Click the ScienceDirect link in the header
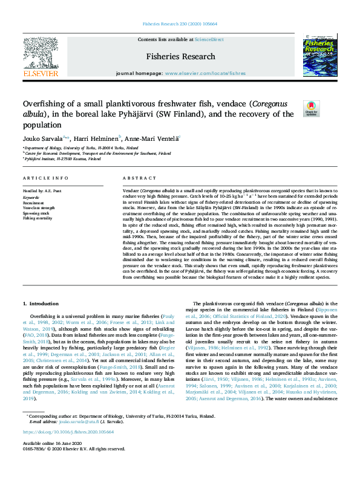click(209, 40)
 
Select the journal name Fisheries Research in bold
click(180, 56)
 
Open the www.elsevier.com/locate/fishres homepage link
click(205, 73)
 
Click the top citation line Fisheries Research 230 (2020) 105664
click(180, 24)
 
